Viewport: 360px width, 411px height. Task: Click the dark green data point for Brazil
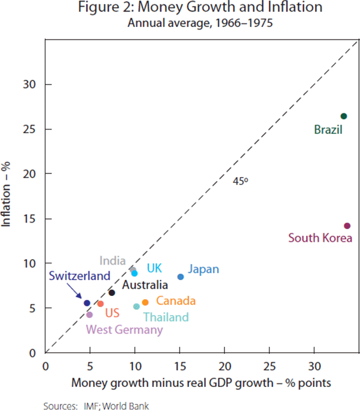[344, 116]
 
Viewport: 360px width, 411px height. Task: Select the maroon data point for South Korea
[347, 226]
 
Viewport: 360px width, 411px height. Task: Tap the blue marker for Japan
[181, 277]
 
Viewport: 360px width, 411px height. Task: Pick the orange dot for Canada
[145, 303]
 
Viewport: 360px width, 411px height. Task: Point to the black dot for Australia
[112, 293]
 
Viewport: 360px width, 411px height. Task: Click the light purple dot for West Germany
[89, 314]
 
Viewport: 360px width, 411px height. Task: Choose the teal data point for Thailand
[136, 307]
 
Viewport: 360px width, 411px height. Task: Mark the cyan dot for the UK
[134, 273]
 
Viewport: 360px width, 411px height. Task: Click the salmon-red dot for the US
[100, 304]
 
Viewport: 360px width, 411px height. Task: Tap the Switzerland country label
[80, 277]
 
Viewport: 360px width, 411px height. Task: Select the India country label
[112, 261]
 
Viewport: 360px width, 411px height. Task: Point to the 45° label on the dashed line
[241, 179]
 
